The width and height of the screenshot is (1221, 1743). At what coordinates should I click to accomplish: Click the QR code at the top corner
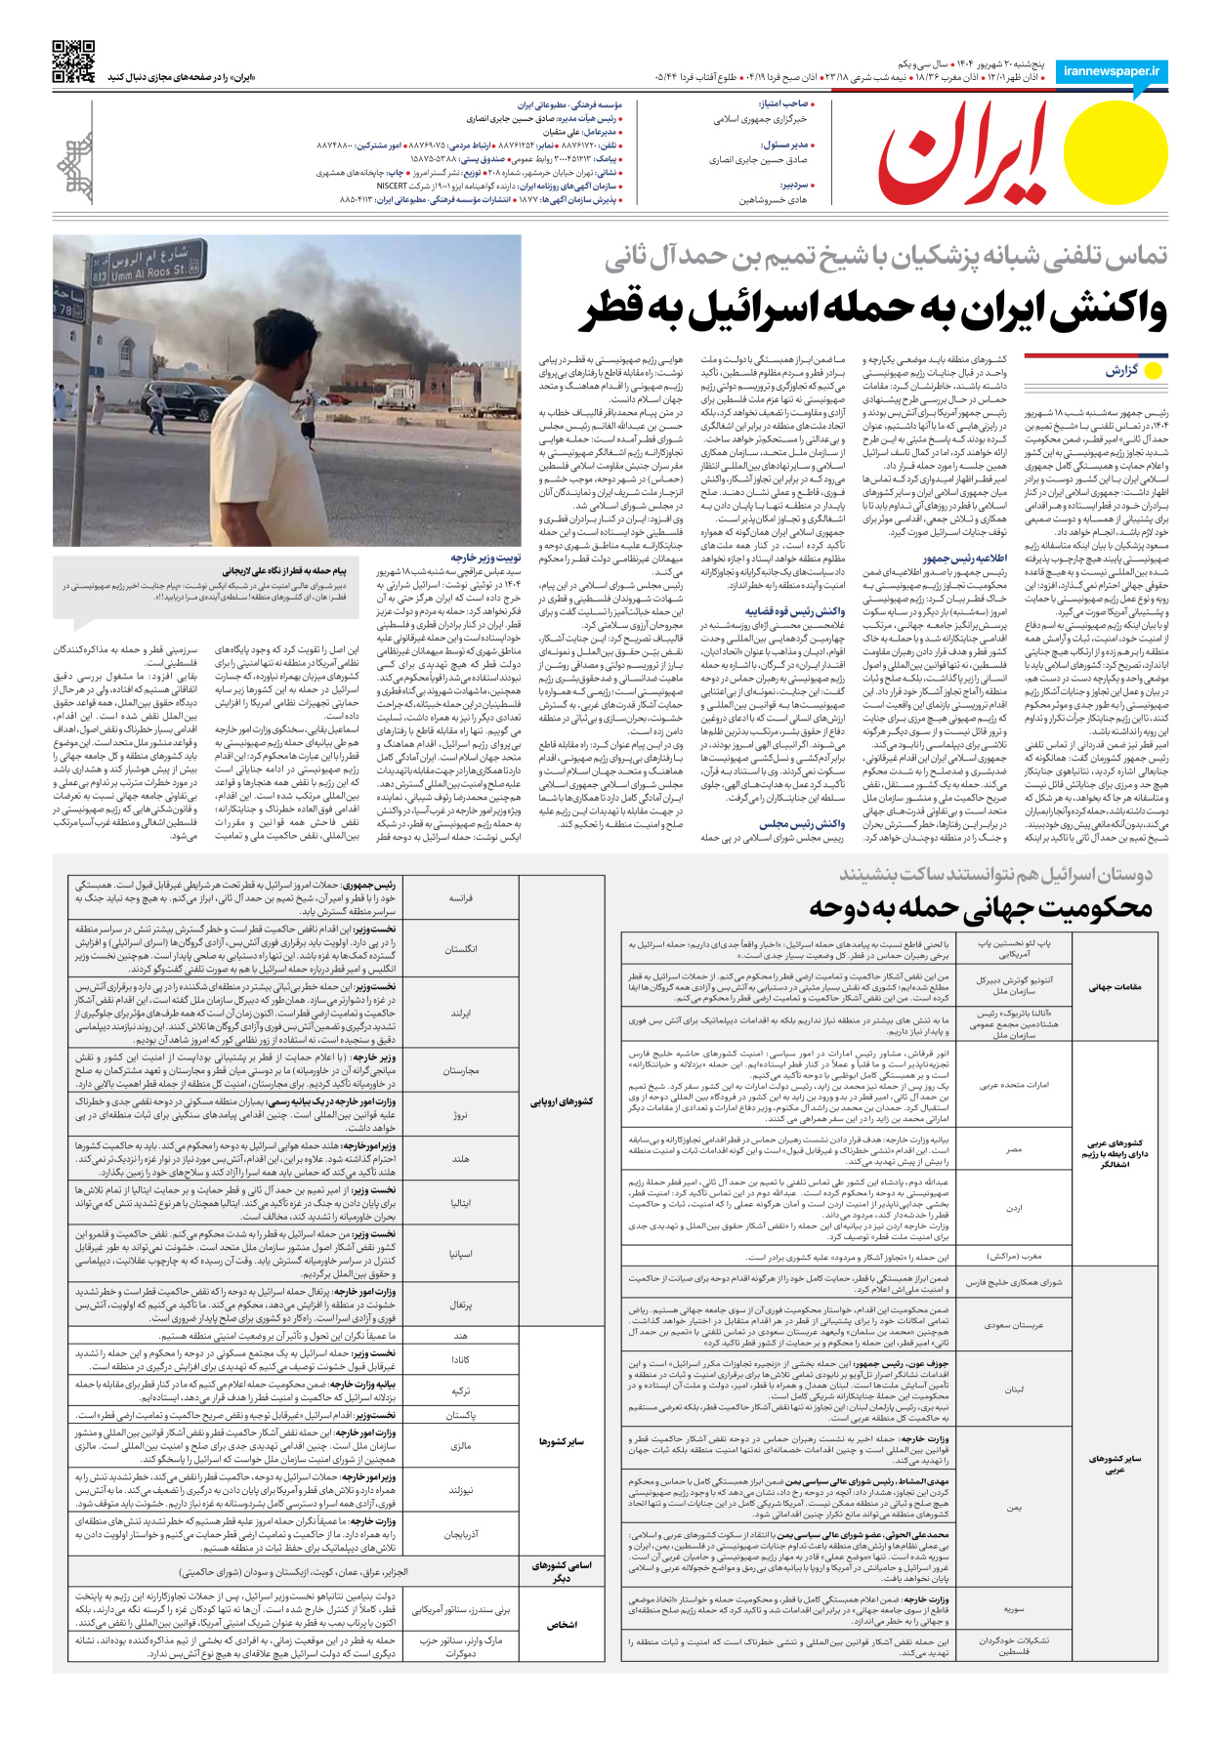point(73,61)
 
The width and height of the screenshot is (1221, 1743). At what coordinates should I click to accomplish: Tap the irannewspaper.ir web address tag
point(1112,71)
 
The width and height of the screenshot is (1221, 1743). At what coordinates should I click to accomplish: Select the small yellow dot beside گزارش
point(1153,371)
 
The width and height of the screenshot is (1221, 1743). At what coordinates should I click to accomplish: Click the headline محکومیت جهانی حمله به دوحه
point(981,907)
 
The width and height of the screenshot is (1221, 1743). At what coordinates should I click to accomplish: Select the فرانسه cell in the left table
point(460,897)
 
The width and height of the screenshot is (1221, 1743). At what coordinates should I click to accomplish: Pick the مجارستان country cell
point(460,1070)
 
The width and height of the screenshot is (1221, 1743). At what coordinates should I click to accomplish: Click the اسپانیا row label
point(460,1254)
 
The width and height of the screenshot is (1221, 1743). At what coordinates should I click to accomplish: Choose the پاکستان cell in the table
point(460,1414)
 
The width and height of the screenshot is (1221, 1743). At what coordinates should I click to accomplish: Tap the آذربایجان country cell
point(460,1535)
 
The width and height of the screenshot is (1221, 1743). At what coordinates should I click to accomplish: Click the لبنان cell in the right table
point(1015,1389)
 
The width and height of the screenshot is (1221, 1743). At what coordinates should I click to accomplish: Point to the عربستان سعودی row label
point(1015,1325)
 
